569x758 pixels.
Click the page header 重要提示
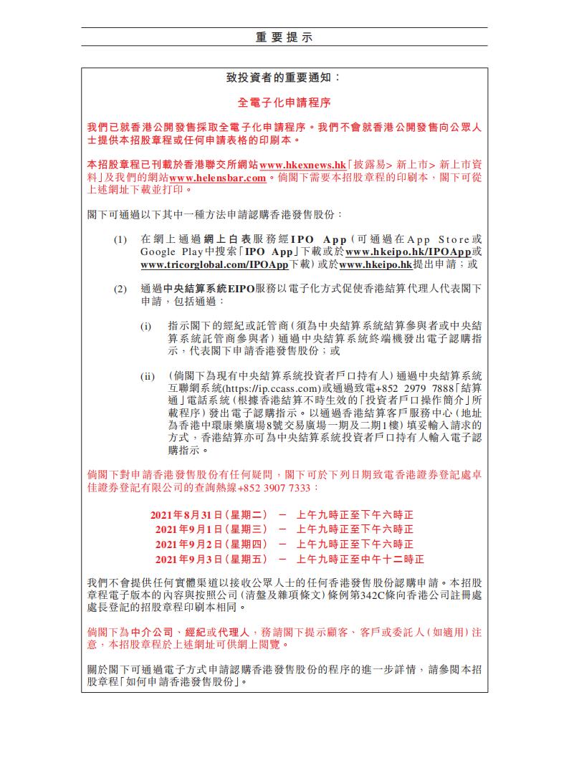[284, 37]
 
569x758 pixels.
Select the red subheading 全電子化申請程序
[284, 102]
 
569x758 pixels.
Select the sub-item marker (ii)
[147, 376]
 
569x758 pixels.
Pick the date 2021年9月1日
[190, 529]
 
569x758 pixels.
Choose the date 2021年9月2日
[190, 544]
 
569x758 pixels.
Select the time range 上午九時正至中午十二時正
[360, 559]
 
